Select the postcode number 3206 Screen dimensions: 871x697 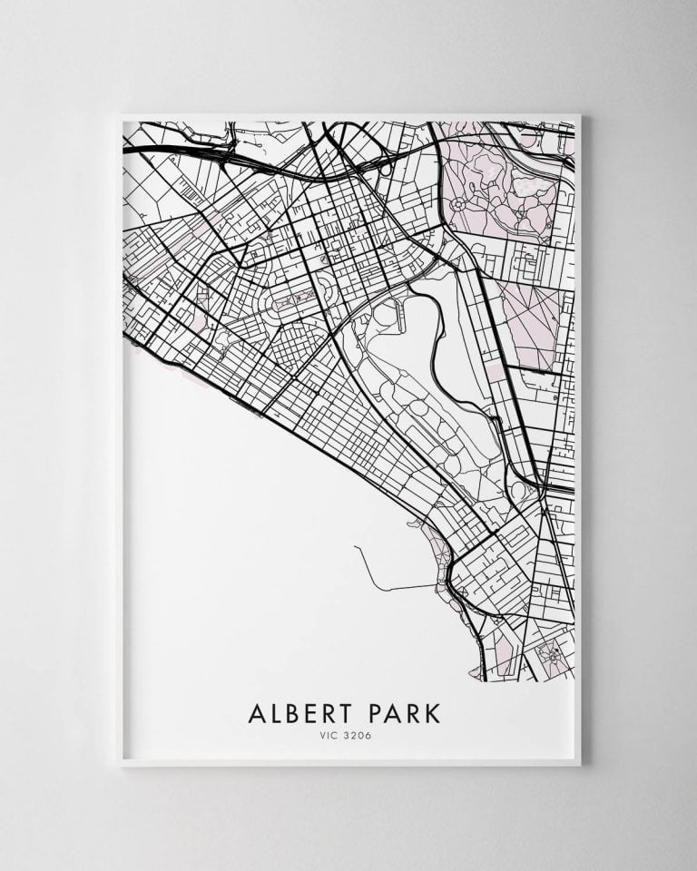[x=359, y=735]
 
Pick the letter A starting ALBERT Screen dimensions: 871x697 [x=256, y=712]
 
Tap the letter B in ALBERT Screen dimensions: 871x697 [x=295, y=712]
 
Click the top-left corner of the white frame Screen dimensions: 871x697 [x=121, y=115]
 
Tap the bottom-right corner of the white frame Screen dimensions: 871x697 [x=579, y=765]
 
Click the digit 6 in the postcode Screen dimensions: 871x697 [x=368, y=735]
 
